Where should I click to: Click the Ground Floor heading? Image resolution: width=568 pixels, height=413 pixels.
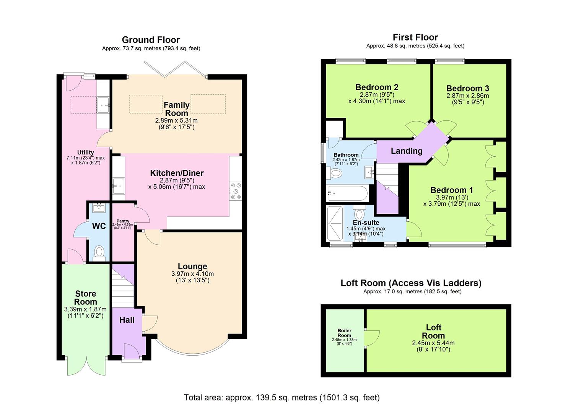[x=151, y=40]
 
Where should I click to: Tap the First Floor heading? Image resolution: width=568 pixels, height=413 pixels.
[x=415, y=37]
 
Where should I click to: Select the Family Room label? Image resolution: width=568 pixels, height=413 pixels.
[x=176, y=109]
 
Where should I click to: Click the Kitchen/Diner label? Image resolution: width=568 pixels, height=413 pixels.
[x=177, y=173]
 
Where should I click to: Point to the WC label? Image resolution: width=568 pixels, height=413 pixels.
[x=99, y=226]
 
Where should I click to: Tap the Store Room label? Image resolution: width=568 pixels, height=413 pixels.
[x=86, y=298]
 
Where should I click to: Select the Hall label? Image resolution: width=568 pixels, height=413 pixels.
[x=127, y=320]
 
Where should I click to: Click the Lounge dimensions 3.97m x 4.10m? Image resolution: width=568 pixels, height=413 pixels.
[x=192, y=274]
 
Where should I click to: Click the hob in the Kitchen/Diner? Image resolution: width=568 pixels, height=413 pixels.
[x=235, y=192]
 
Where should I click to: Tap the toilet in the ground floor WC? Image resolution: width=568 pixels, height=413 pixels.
[x=99, y=252]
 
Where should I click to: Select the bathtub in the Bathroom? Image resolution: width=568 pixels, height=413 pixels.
[x=347, y=193]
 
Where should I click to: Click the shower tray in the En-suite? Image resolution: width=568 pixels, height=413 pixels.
[x=335, y=223]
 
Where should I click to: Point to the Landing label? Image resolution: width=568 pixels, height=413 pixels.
[x=406, y=151]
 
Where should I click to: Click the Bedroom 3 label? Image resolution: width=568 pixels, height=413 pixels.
[x=467, y=88]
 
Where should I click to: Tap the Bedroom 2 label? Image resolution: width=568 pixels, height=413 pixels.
[x=376, y=87]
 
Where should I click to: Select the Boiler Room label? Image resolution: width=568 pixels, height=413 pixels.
[x=344, y=333]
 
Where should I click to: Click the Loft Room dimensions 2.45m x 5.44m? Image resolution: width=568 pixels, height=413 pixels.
[x=433, y=343]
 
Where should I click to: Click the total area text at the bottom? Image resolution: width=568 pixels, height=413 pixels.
[x=282, y=397]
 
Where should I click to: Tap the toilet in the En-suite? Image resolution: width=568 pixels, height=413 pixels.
[x=359, y=213]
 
